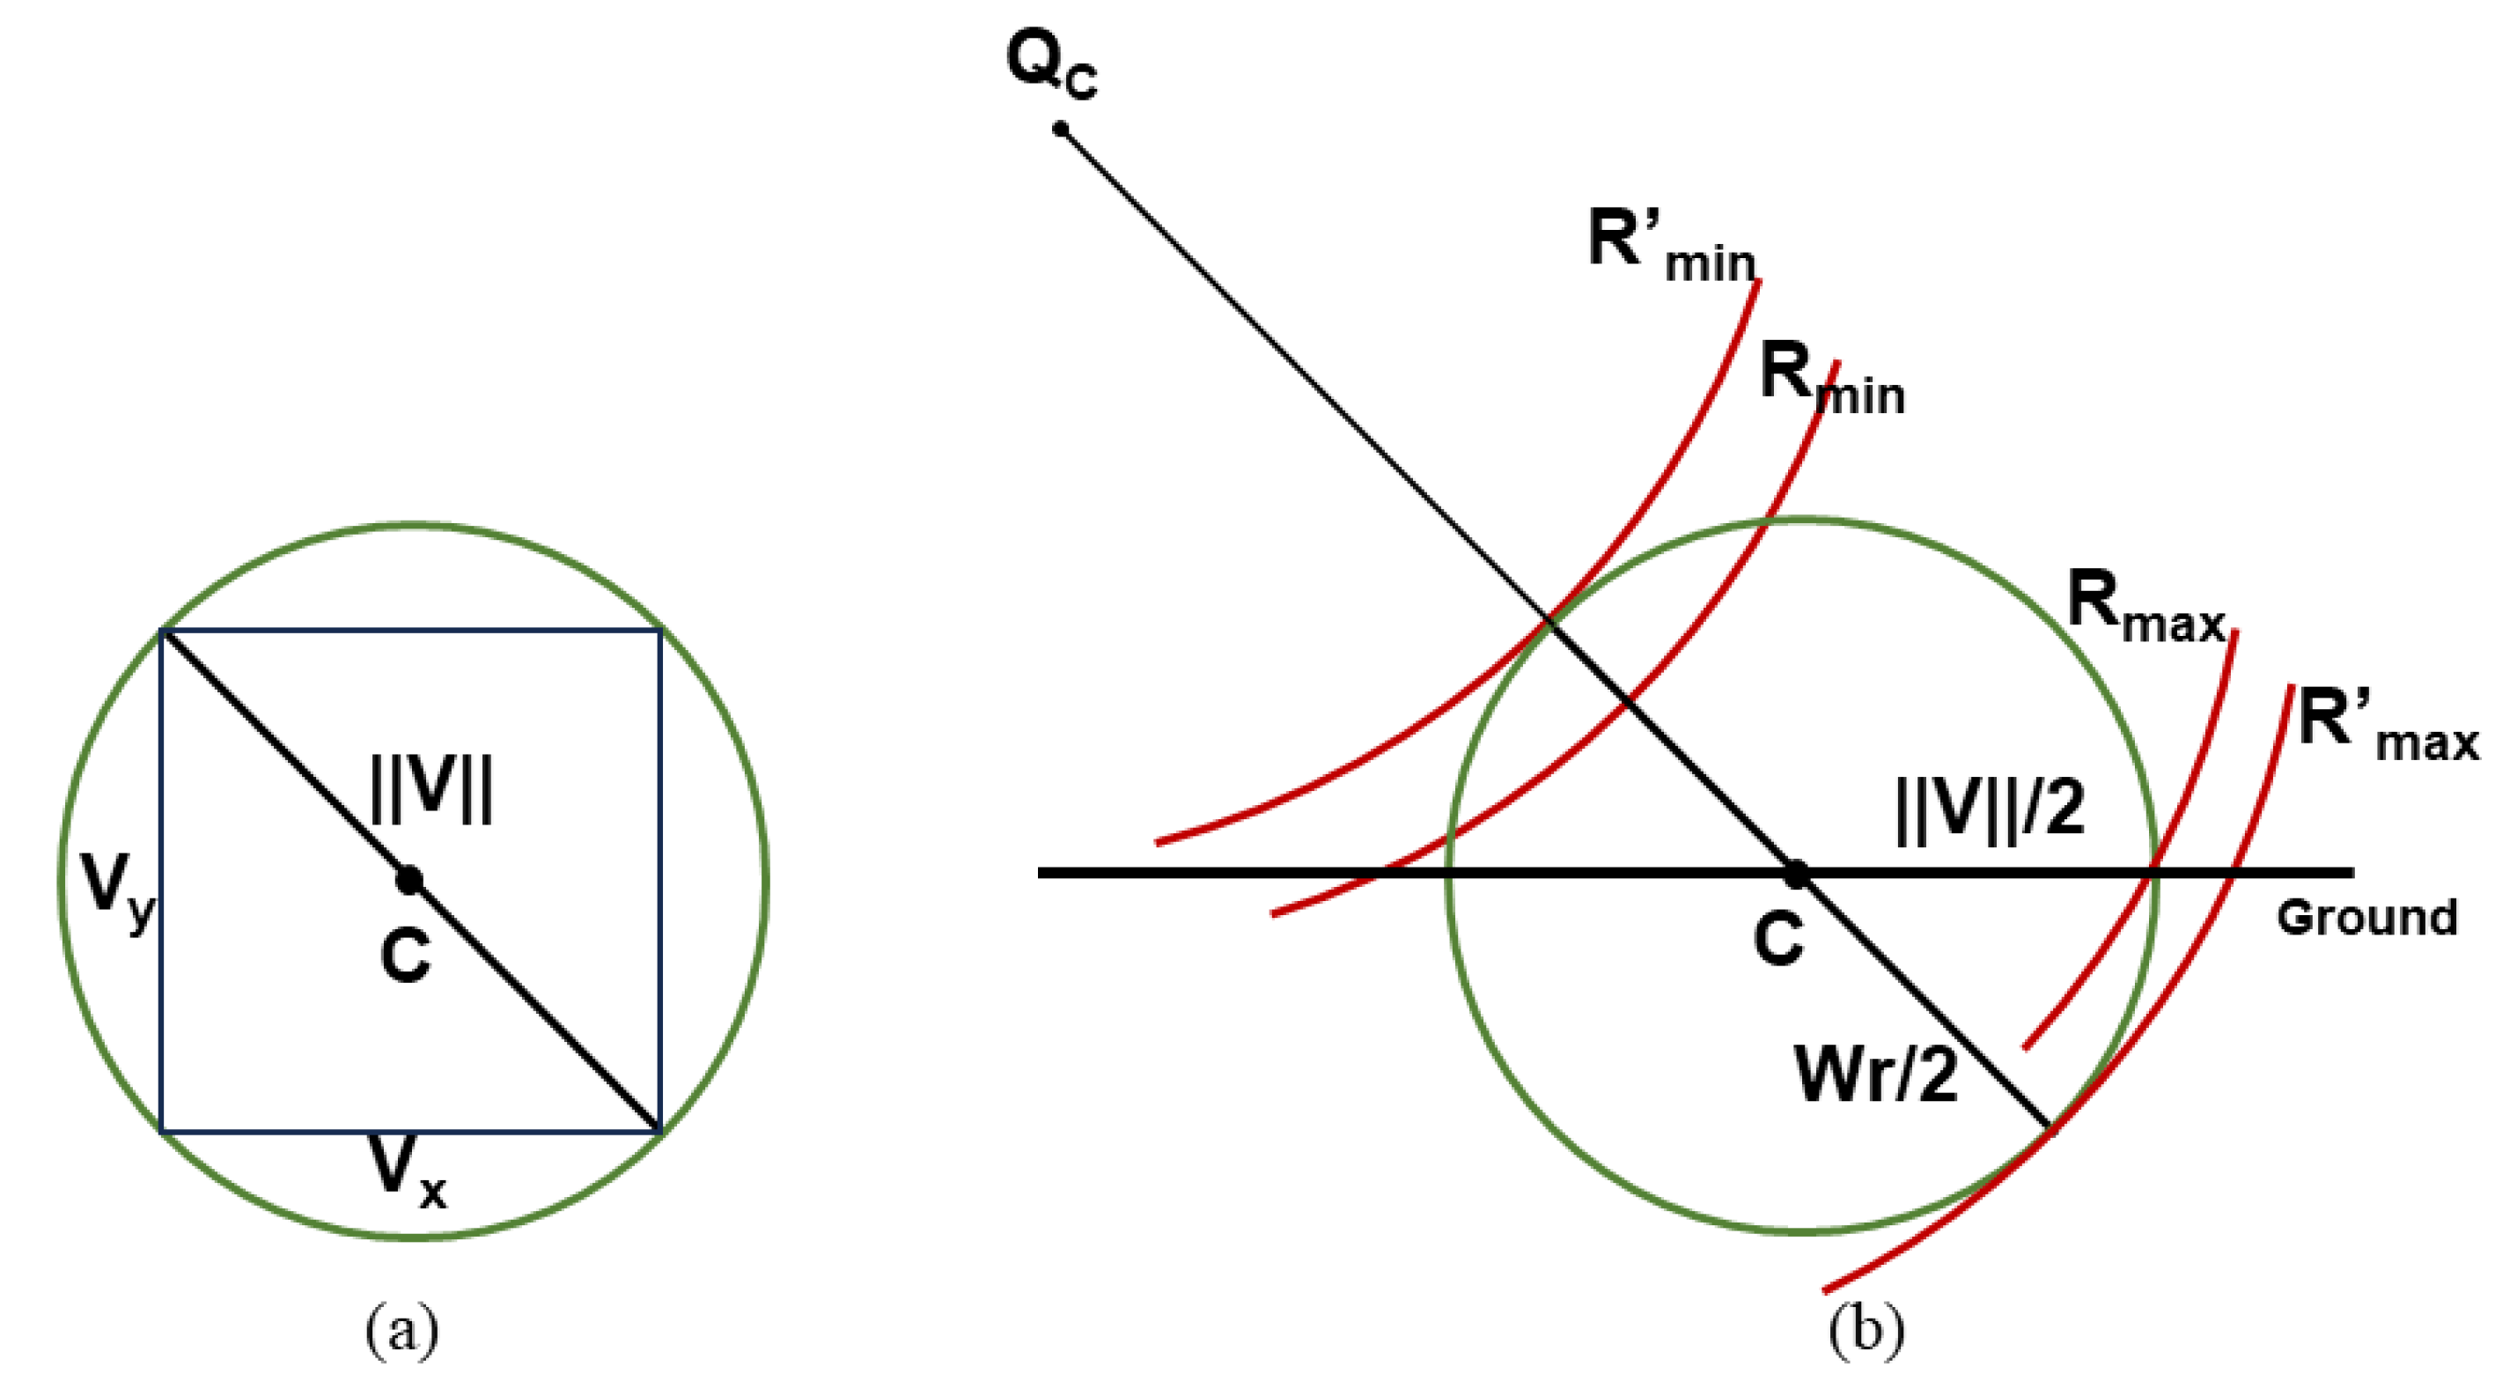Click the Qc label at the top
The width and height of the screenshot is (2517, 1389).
pyautogui.click(x=1051, y=66)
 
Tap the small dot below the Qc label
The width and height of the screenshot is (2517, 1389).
pyautogui.click(x=1060, y=129)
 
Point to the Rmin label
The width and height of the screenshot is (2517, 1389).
pyautogui.click(x=1831, y=381)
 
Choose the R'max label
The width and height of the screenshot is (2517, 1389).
pyautogui.click(x=2387, y=728)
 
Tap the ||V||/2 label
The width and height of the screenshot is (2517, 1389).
pyautogui.click(x=1990, y=805)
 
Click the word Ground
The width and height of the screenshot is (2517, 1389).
pyautogui.click(x=2366, y=918)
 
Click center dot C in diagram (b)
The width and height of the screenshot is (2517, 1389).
pyautogui.click(x=1796, y=874)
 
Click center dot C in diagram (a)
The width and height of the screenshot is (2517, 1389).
pyautogui.click(x=409, y=880)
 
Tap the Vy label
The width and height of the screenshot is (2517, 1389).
pyautogui.click(x=116, y=890)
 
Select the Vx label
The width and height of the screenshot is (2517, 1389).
pyautogui.click(x=407, y=1171)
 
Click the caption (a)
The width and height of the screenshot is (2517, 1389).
pyautogui.click(x=401, y=1332)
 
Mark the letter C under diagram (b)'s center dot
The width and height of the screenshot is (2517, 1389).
pyautogui.click(x=1779, y=940)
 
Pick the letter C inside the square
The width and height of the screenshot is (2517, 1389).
pyautogui.click(x=406, y=955)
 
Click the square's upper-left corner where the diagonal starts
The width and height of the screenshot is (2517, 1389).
pyautogui.click(x=162, y=632)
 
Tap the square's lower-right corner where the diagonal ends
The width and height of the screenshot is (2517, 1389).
pyautogui.click(x=660, y=1132)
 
